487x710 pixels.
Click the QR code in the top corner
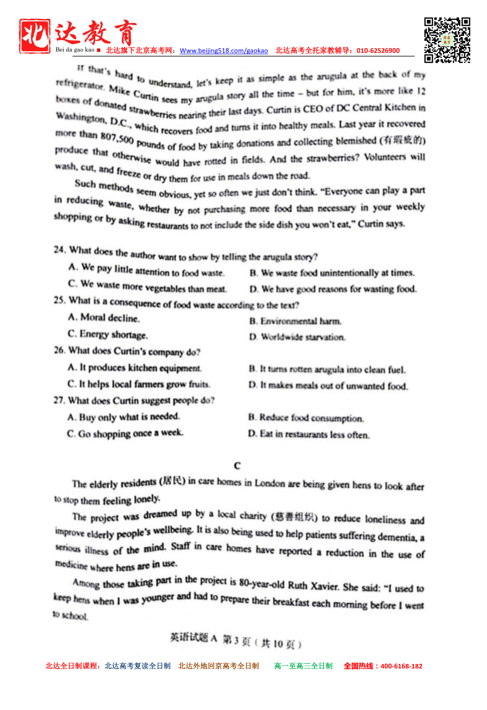coord(447,40)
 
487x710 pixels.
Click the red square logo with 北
coord(34,36)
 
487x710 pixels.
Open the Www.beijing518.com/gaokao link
coord(224,51)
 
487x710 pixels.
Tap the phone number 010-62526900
coord(378,50)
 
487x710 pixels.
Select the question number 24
coord(59,250)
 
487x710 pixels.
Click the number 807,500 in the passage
coord(117,138)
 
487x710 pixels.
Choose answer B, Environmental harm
coord(296,321)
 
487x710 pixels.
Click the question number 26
coord(59,350)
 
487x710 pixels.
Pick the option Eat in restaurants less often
coord(309,435)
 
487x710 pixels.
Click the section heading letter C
coord(237,466)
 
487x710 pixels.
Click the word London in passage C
coord(269,483)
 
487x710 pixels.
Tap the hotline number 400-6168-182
coord(401,666)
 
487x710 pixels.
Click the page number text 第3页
coord(236,641)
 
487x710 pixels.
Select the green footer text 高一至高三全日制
coord(303,666)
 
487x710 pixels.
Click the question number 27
coord(59,401)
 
